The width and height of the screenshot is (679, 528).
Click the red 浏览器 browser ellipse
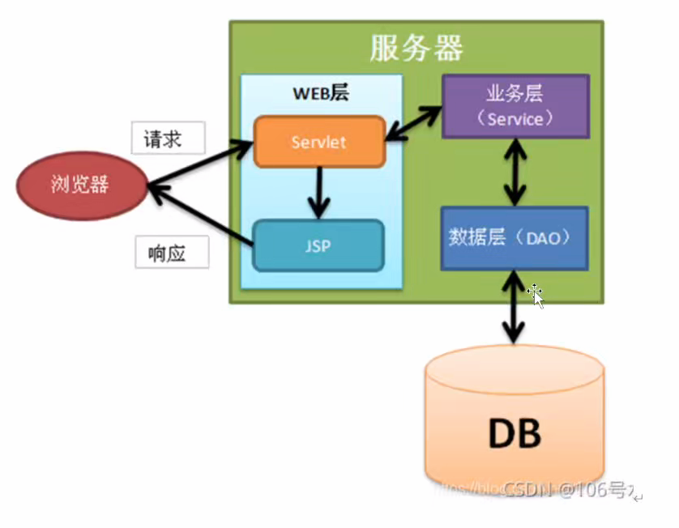[x=82, y=185]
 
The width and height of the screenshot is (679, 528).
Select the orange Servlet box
[x=318, y=143]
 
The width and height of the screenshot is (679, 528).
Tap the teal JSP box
[x=318, y=245]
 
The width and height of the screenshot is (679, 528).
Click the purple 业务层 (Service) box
[x=515, y=106]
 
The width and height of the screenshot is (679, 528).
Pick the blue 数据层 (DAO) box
[x=514, y=238]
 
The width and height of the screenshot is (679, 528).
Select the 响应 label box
[x=172, y=253]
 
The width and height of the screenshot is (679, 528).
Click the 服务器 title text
[x=416, y=48]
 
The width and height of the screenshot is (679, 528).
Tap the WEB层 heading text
[x=320, y=92]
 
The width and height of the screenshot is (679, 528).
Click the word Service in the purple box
[x=515, y=119]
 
